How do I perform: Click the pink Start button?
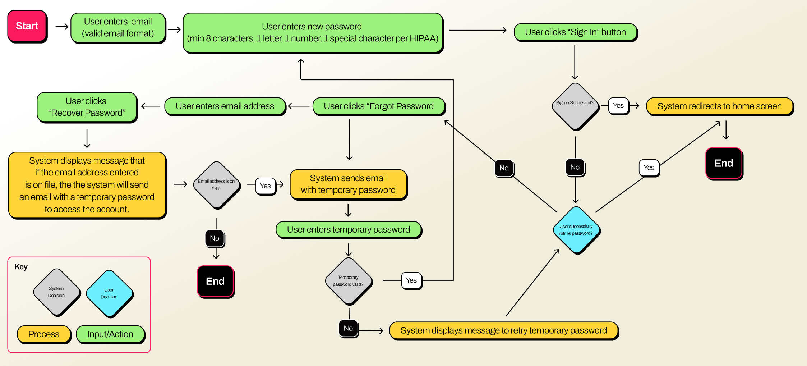point(27,26)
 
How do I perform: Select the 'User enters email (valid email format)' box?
point(118,28)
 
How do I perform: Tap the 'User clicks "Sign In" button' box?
point(575,32)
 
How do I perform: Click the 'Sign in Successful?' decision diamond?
point(575,106)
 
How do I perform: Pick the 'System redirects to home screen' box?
point(719,106)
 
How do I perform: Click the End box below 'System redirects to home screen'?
point(724,163)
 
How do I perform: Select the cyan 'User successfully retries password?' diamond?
point(576,230)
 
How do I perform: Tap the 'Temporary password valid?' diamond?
point(348,281)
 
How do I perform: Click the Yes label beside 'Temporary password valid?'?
point(411,280)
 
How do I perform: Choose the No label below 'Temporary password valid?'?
point(348,328)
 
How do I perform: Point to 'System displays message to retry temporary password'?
point(503,330)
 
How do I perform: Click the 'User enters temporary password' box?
point(348,230)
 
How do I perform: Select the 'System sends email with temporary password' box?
point(348,184)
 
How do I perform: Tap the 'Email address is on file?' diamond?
point(216,185)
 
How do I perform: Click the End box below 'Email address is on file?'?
point(215,281)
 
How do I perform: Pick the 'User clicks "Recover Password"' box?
point(87,107)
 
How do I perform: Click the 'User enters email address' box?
point(225,106)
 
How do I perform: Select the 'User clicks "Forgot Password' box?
point(379,106)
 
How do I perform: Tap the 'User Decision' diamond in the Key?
point(109,293)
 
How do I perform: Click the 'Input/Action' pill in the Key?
point(110,334)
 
